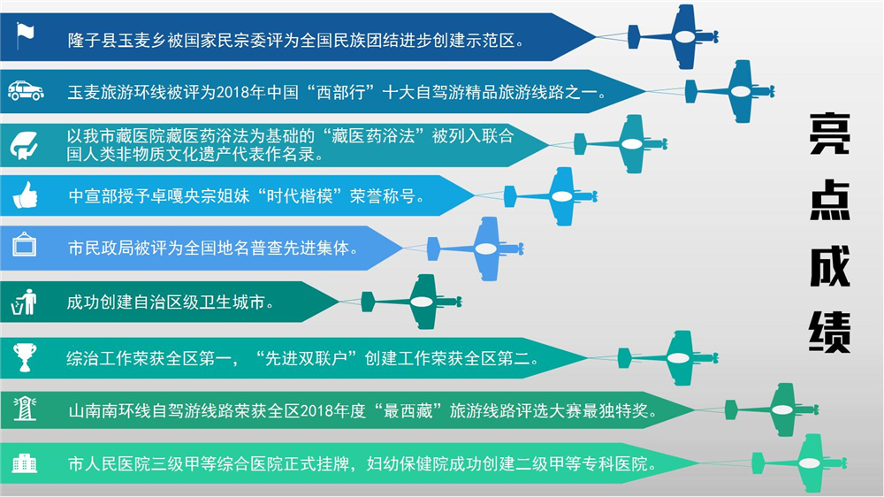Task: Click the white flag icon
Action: [x=25, y=36]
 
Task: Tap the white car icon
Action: [x=26, y=91]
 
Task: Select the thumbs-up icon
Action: [x=25, y=195]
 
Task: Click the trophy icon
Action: [x=25, y=357]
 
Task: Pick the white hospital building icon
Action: [x=24, y=463]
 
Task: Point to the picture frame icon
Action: [x=24, y=245]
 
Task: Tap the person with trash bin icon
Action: [x=24, y=302]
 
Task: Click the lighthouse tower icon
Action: [x=25, y=409]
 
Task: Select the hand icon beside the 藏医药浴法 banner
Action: [x=24, y=145]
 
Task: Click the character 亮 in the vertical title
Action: [x=829, y=134]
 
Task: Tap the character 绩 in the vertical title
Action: [x=829, y=332]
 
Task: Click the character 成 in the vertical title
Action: [x=829, y=265]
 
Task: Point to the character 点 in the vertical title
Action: [x=829, y=200]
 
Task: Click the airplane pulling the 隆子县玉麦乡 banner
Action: [x=673, y=36]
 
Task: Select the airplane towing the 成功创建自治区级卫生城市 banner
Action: [x=411, y=302]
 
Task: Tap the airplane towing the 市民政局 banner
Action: [x=476, y=248]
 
